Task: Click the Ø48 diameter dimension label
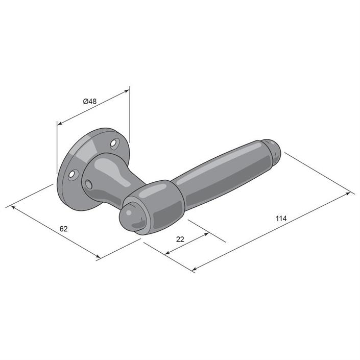tap(90, 101)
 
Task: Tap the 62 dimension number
tap(64, 229)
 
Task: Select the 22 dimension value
tap(180, 239)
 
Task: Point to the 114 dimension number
tap(281, 219)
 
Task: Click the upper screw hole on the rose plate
tap(114, 143)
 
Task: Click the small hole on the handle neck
tap(89, 184)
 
